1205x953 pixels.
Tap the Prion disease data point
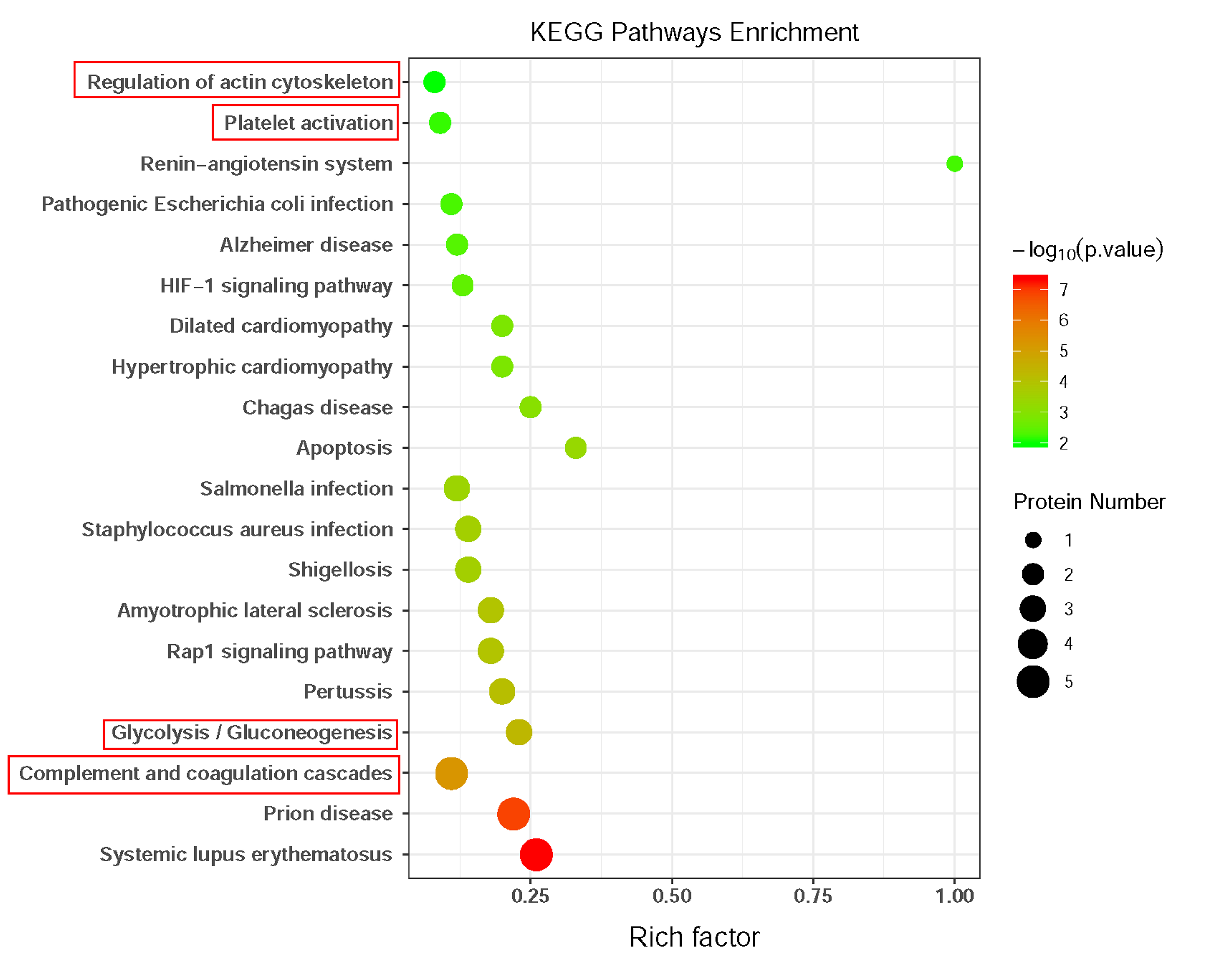[x=513, y=813]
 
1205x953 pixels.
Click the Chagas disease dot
[x=530, y=407]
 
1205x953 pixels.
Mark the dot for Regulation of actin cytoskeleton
[x=434, y=82]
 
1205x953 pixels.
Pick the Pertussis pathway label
[x=348, y=691]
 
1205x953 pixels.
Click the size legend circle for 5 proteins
[x=1033, y=681]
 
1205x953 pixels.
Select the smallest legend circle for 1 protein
[x=1033, y=540]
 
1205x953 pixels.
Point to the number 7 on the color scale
[x=1063, y=290]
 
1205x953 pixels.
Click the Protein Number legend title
[x=1089, y=502]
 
